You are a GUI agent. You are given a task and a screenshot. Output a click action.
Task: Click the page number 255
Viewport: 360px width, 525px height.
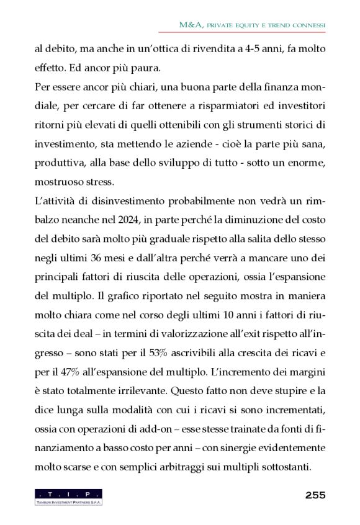pos(315,495)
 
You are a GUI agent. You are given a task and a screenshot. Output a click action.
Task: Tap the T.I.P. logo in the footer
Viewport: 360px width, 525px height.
pos(68,496)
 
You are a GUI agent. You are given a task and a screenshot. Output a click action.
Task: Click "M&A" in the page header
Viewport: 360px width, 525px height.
pos(188,25)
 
